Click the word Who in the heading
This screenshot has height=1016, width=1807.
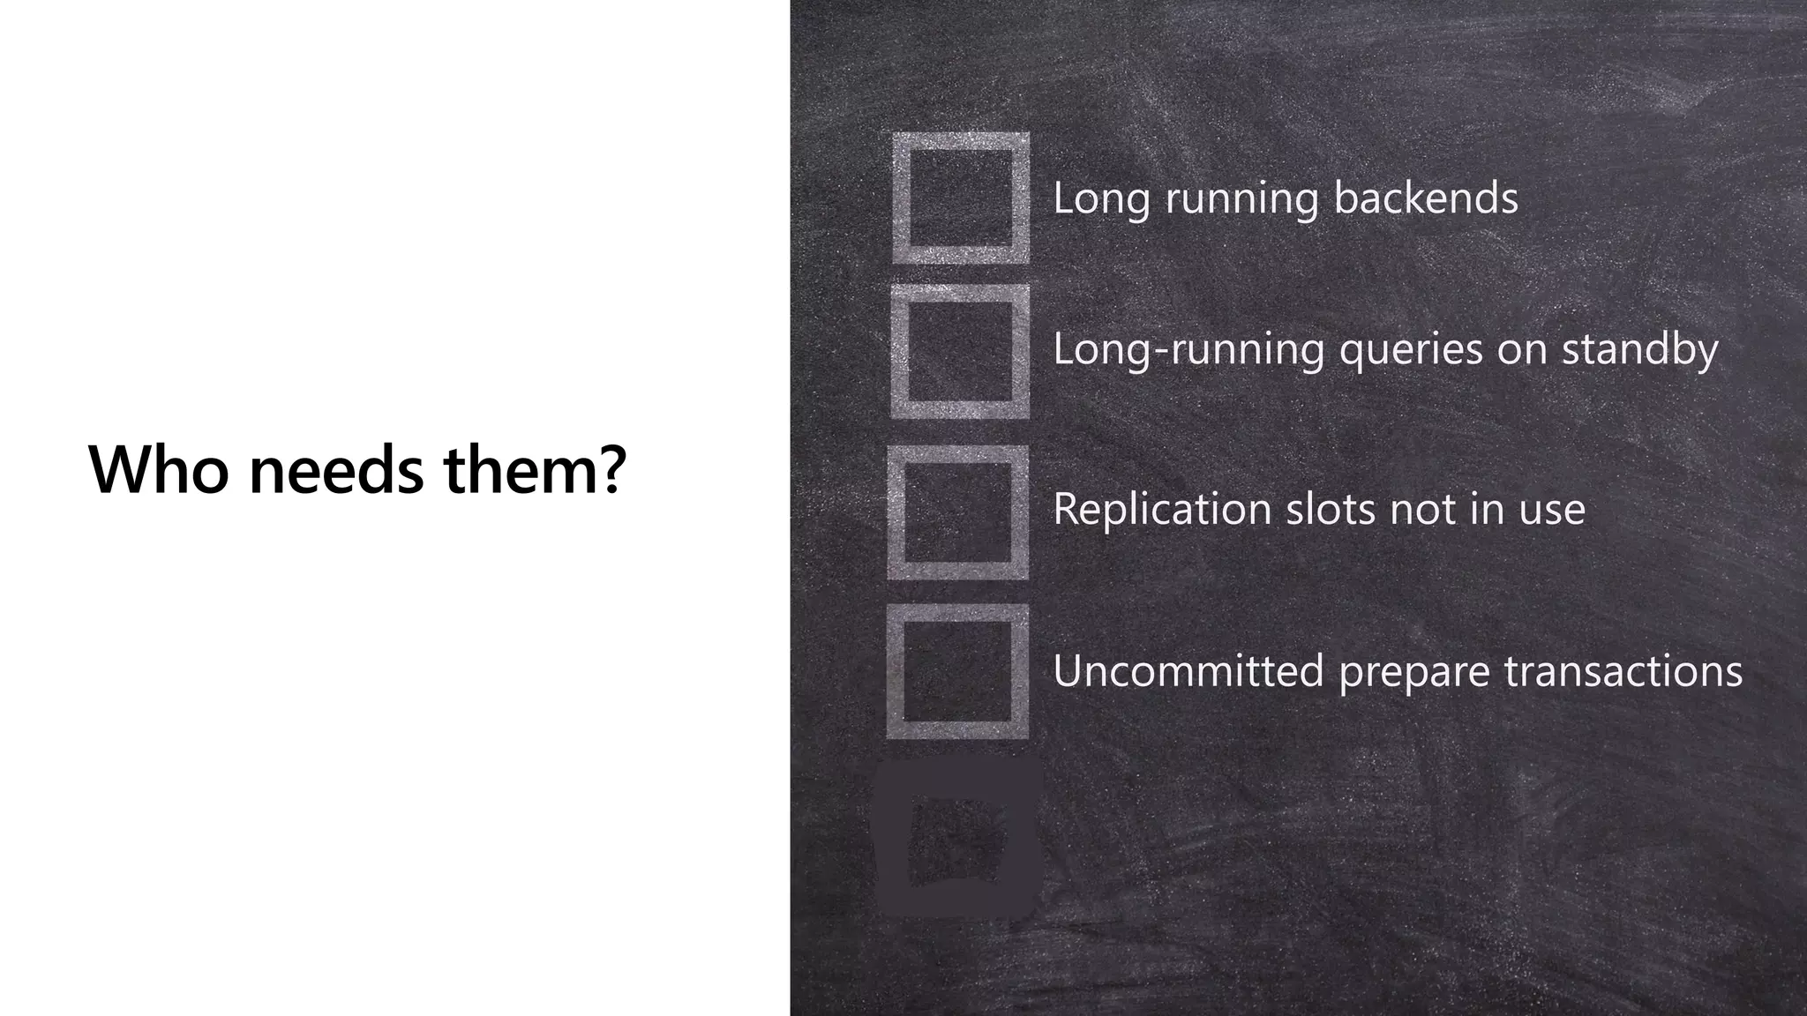pos(159,469)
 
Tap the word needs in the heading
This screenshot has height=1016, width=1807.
pos(336,469)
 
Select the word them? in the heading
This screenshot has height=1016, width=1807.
pos(535,469)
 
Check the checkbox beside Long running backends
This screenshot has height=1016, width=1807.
pos(960,198)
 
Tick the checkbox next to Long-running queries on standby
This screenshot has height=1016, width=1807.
pos(960,351)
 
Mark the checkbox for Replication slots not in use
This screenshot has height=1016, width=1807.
pos(958,512)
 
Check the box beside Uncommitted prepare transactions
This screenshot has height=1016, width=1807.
pos(957,671)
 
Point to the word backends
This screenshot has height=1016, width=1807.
pos(1426,198)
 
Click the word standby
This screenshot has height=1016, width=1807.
pos(1639,349)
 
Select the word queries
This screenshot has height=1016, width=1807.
pos(1411,349)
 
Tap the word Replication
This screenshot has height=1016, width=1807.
pos(1162,509)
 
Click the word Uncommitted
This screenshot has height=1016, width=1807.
pos(1188,670)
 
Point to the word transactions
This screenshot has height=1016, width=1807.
pos(1623,670)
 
